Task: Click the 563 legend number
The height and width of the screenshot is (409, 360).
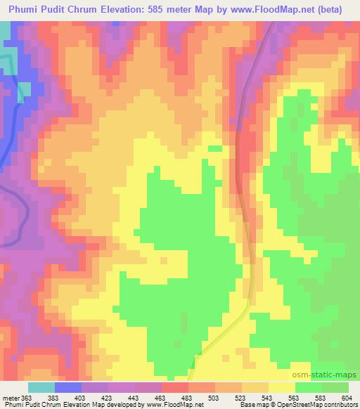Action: [x=295, y=398]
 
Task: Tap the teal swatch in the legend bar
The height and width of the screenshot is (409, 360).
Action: [x=41, y=387]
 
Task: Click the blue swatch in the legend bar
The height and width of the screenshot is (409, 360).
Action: [x=68, y=387]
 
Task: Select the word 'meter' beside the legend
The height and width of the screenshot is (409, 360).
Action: [x=11, y=398]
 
